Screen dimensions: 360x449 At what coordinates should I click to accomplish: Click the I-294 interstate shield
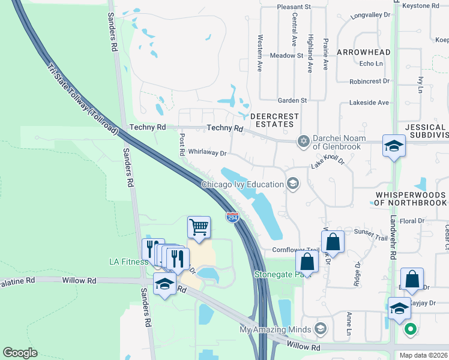click(x=233, y=217)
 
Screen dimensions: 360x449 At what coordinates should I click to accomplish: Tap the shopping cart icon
click(x=199, y=227)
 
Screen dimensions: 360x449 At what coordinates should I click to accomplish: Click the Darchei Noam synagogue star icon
click(x=304, y=141)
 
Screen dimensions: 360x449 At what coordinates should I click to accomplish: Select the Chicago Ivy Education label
click(x=243, y=184)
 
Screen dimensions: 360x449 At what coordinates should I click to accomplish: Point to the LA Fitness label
click(x=128, y=262)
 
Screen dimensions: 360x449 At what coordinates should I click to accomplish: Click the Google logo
click(x=20, y=353)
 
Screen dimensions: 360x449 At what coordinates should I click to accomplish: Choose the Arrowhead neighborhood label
click(x=363, y=52)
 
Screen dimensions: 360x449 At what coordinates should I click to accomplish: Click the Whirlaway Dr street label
click(x=207, y=152)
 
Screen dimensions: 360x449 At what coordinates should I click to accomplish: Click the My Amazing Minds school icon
click(x=321, y=329)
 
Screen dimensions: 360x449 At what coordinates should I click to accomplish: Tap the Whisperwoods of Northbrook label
click(x=411, y=199)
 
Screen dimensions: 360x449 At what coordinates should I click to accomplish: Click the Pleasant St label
click(x=293, y=7)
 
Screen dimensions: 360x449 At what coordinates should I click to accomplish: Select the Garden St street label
click(x=292, y=100)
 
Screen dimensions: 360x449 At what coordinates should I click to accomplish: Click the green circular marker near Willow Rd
click(x=411, y=329)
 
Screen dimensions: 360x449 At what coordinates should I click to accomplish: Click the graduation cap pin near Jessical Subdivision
click(x=394, y=146)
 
